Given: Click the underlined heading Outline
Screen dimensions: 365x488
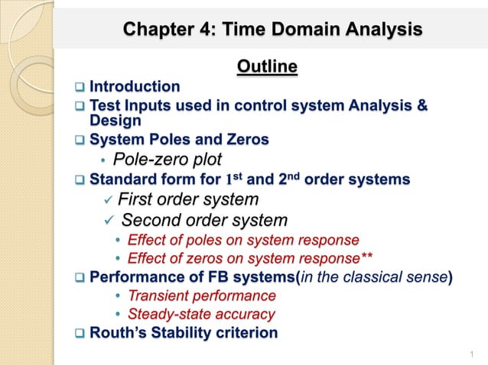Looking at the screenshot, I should click(x=266, y=68).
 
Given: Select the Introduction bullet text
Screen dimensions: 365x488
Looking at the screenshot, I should click(x=135, y=86).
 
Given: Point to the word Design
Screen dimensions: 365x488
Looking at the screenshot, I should click(x=115, y=120).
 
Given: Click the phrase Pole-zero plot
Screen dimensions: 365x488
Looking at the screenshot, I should click(x=167, y=159).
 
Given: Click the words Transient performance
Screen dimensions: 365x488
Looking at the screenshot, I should click(x=201, y=295).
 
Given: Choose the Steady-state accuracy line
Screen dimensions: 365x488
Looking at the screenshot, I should click(x=200, y=313).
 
